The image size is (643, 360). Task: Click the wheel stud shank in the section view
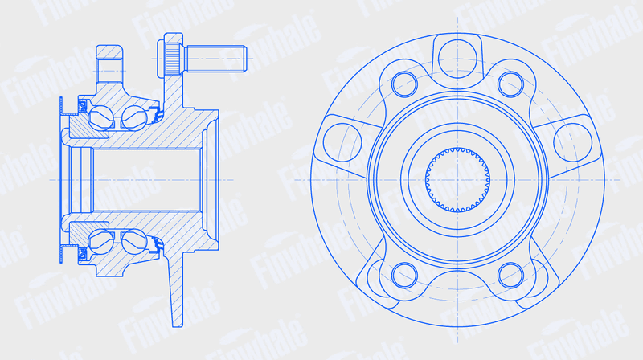point(215,59)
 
